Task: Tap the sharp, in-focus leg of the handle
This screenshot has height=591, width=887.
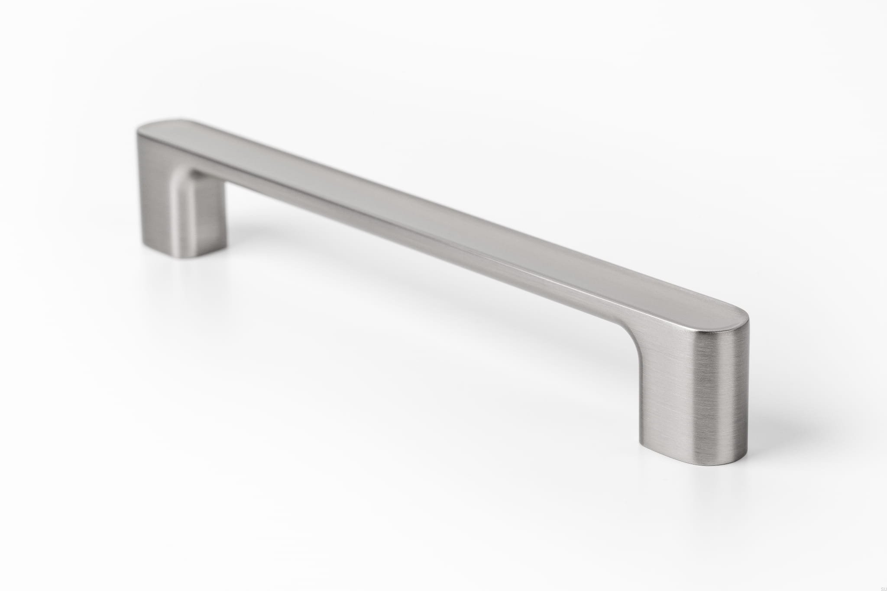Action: click(693, 398)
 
